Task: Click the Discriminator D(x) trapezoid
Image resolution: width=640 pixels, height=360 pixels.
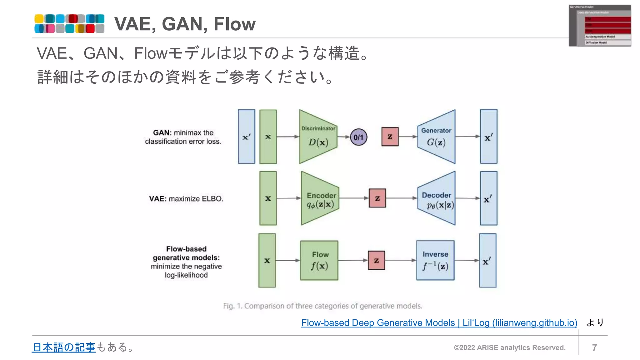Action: (317, 137)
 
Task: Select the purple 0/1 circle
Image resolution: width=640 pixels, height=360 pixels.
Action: (358, 137)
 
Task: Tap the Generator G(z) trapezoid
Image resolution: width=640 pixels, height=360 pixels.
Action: (437, 137)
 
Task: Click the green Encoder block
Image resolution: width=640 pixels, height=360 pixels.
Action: (320, 198)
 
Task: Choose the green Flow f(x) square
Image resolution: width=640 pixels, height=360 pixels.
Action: (319, 260)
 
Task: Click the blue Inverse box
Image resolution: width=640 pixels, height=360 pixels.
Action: (435, 260)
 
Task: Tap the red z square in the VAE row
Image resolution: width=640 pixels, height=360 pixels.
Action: (377, 198)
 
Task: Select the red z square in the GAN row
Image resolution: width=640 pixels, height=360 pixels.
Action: (390, 137)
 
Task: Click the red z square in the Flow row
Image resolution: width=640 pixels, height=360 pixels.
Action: (376, 260)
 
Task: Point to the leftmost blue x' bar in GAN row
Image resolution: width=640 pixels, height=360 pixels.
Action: (246, 137)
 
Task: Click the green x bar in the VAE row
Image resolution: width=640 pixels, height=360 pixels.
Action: (268, 198)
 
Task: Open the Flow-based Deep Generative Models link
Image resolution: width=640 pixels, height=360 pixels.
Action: (439, 322)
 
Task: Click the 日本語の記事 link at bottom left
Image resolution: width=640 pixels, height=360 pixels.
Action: (64, 347)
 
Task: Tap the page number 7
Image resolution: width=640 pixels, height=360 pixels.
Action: (594, 347)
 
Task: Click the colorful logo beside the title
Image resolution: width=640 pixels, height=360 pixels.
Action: (69, 23)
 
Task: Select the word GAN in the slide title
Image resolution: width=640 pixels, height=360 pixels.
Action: (184, 24)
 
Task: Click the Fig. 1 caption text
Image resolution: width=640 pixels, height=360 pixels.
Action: (322, 306)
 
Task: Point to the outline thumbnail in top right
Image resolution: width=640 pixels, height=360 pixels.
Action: (599, 26)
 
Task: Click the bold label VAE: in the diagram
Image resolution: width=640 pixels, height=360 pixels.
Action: (157, 199)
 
